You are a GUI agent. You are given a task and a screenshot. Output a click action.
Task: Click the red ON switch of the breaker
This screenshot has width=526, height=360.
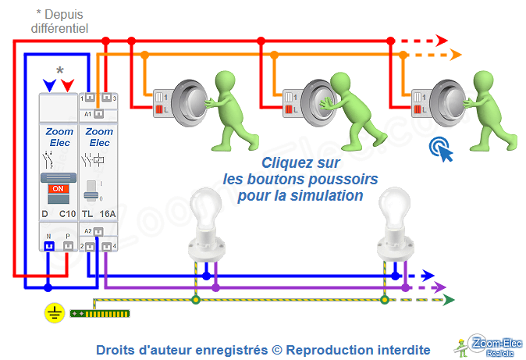pyautogui.click(x=56, y=189)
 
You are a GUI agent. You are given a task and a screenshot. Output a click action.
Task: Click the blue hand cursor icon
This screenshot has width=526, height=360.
pyautogui.click(x=442, y=149)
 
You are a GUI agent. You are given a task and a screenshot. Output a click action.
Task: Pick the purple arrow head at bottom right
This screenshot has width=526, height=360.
pyautogui.click(x=441, y=287)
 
